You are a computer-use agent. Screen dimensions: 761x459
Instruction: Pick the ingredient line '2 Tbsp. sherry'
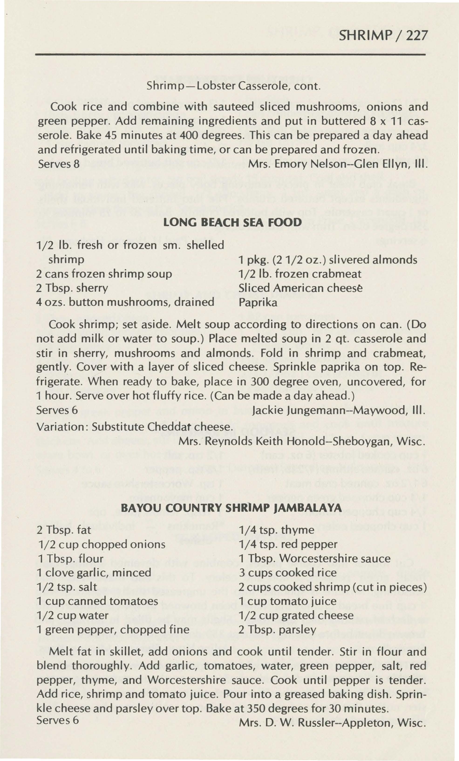click(72, 288)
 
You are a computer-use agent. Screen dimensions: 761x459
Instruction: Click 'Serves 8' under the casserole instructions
click(59, 164)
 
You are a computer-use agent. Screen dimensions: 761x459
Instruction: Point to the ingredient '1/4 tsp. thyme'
click(277, 530)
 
